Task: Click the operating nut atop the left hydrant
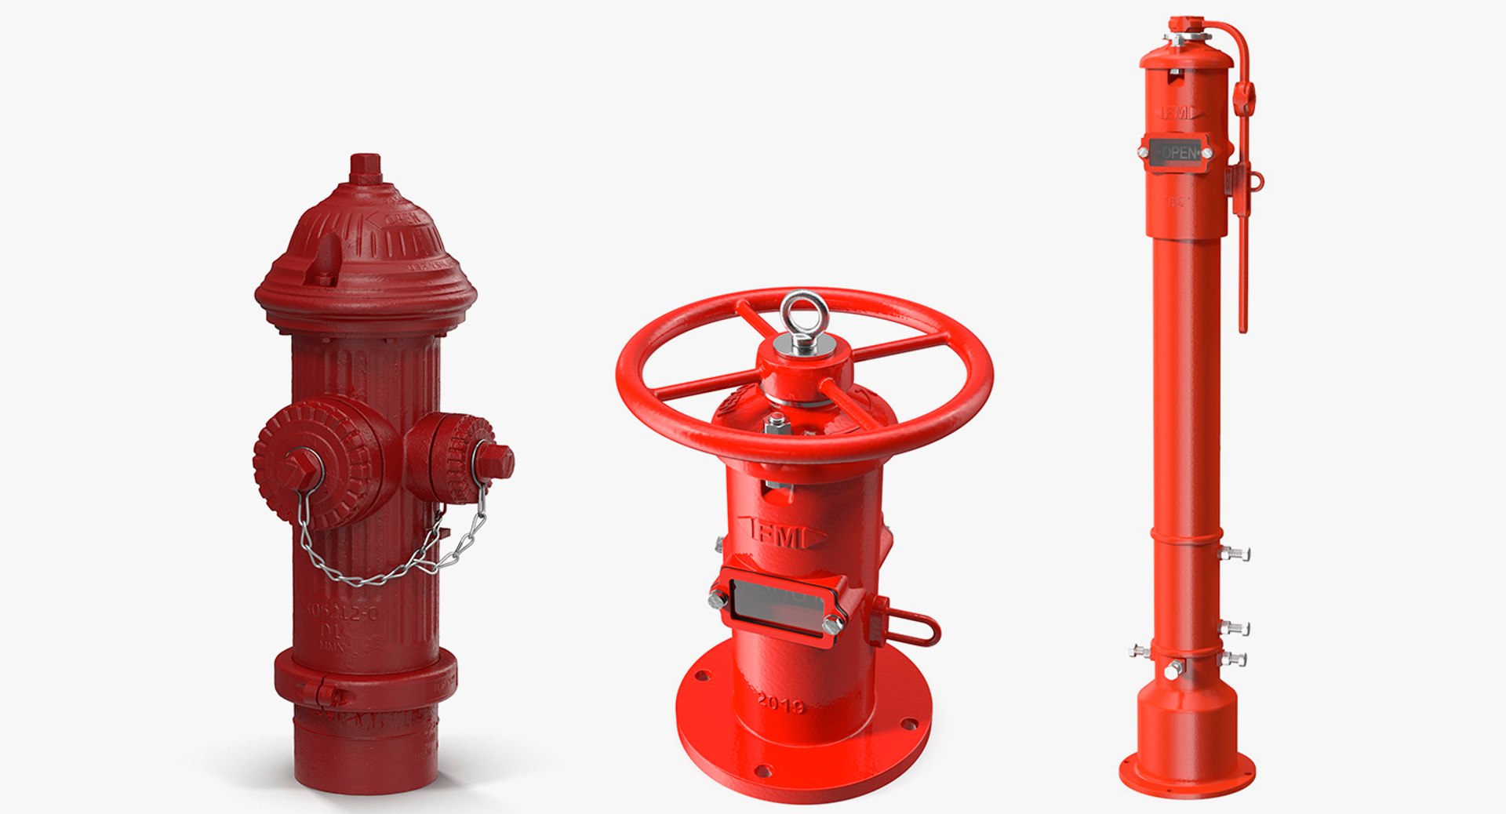point(366,168)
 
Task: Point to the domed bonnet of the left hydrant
point(366,243)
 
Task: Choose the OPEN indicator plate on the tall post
point(1177,153)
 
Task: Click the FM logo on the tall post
point(1177,113)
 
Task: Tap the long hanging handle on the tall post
point(1242,259)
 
